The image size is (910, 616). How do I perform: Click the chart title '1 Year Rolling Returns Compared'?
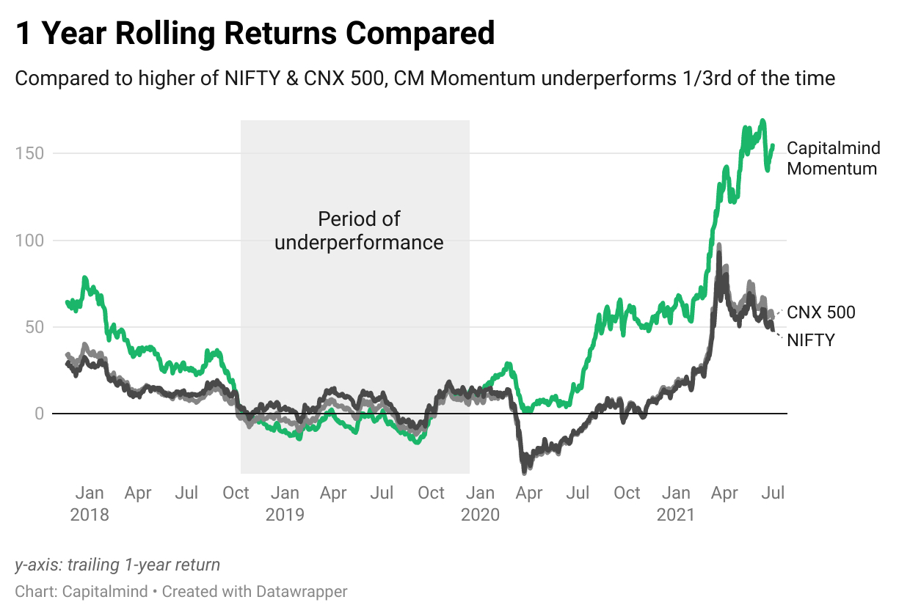click(255, 34)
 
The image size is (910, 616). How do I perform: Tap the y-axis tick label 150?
click(28, 153)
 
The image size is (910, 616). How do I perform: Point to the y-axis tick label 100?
click(28, 241)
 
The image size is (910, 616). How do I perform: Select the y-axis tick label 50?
click(33, 327)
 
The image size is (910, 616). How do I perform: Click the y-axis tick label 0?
click(38, 414)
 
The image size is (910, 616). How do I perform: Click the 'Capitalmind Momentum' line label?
click(832, 158)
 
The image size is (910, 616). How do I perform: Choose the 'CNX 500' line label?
click(820, 312)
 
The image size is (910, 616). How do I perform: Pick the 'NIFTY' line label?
click(810, 340)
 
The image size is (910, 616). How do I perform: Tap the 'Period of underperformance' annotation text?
click(359, 230)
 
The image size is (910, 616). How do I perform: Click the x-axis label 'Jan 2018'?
click(89, 503)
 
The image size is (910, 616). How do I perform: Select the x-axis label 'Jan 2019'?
click(285, 503)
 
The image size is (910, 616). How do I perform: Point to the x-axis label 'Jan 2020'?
click(480, 503)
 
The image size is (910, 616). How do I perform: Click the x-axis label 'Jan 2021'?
click(675, 503)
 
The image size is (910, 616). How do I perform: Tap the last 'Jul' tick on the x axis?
click(773, 493)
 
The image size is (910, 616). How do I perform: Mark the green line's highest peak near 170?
click(763, 120)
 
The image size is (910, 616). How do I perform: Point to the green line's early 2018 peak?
click(84, 278)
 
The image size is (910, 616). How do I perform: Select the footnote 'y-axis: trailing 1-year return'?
click(117, 565)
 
